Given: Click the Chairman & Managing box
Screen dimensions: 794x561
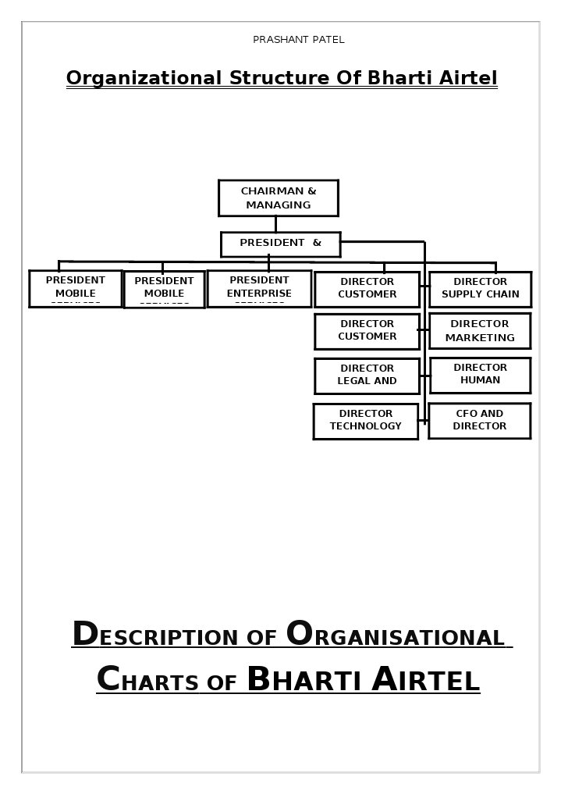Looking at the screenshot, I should [x=278, y=198].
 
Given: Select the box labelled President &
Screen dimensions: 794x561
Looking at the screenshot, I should [x=280, y=244].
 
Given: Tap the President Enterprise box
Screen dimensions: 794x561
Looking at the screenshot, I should [x=259, y=289].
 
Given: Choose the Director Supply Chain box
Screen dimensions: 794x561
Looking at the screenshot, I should [x=480, y=289].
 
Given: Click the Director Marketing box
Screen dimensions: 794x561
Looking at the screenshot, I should [x=479, y=331].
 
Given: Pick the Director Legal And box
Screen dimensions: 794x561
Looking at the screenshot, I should [x=367, y=376].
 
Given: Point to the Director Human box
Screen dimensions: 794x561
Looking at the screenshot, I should [x=480, y=375].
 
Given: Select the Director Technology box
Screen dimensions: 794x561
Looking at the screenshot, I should [x=365, y=421].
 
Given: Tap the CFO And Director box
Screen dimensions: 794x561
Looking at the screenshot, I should [x=479, y=421].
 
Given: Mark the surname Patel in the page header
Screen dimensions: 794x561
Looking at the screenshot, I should [x=328, y=40].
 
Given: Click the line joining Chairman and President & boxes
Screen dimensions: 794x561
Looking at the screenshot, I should [x=275, y=224].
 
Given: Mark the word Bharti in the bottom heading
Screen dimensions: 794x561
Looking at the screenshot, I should [x=305, y=681].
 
